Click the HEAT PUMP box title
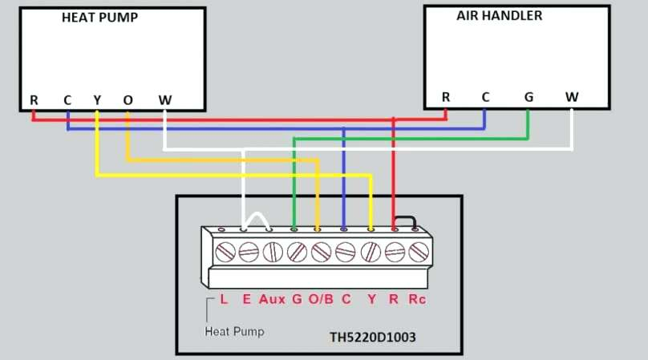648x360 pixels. coord(99,18)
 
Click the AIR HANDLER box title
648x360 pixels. coord(499,16)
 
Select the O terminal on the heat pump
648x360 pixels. coord(128,100)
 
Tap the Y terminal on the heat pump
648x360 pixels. coord(97,100)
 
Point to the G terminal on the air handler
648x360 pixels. coord(529,97)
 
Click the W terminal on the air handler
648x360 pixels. coord(572,97)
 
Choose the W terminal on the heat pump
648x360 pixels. coord(165,100)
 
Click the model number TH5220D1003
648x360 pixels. coord(373,338)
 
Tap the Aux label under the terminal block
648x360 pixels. coord(272,299)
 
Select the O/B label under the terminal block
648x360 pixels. coord(321,299)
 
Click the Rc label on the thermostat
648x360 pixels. coord(417,299)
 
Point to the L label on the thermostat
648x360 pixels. coord(224,299)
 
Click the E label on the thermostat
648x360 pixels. coord(247,299)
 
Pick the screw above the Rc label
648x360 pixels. coord(419,252)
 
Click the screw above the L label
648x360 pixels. coord(225,252)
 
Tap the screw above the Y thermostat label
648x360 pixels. coord(371,252)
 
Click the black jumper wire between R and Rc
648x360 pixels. coord(406,217)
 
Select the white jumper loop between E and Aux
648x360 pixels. coord(256,214)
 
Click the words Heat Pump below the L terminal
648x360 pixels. coord(234,331)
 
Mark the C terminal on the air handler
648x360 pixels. coord(485,97)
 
